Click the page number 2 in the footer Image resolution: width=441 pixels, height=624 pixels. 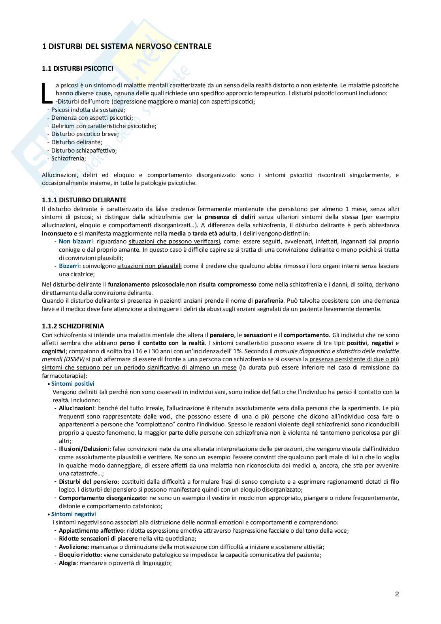(397, 594)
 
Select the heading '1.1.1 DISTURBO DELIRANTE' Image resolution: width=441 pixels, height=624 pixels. (84, 200)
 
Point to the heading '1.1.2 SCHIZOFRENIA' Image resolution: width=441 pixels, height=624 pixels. (73, 326)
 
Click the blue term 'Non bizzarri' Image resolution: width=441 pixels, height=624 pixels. (76, 241)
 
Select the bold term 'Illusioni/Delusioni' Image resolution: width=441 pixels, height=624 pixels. (84, 449)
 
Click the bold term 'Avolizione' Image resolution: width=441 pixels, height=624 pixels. (73, 547)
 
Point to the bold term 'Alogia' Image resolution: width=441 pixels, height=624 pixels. (67, 563)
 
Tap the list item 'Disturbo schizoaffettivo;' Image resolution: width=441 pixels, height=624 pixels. (84, 150)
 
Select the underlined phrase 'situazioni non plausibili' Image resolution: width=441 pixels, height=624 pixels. (149, 266)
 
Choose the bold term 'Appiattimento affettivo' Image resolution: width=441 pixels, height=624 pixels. (91, 531)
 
